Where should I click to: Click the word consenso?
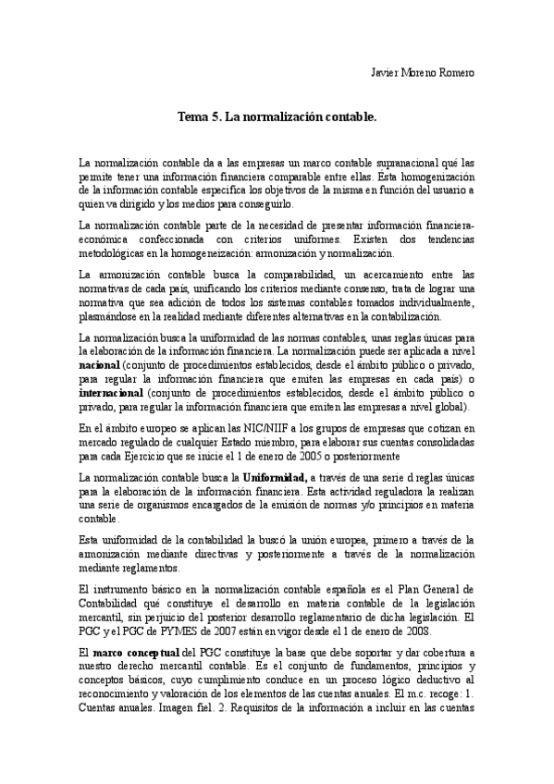[360, 289]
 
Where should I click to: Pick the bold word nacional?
[100, 365]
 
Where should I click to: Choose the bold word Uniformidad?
[275, 476]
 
